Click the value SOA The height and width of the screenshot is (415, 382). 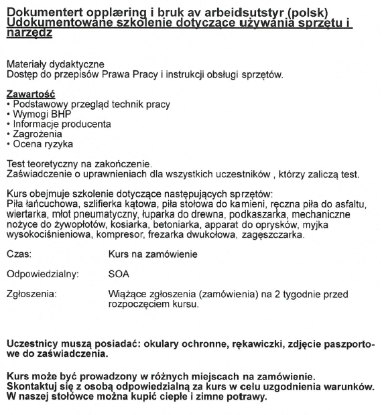coord(119,274)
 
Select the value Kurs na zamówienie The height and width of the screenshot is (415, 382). coord(153,255)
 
